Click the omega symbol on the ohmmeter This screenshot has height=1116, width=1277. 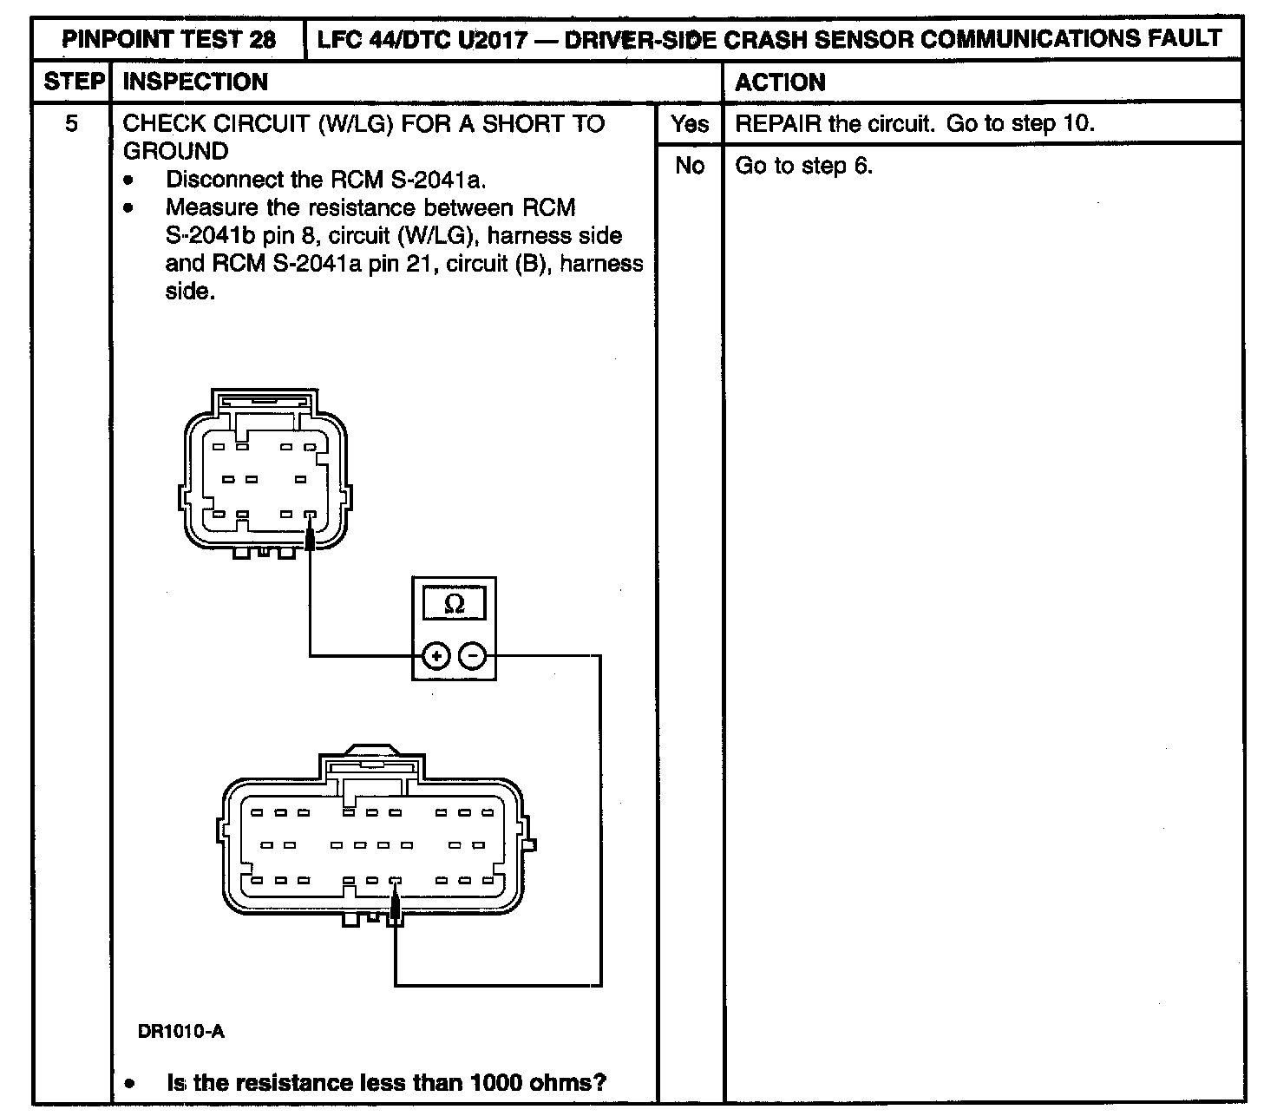454,604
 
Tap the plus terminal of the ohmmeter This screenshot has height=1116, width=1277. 435,656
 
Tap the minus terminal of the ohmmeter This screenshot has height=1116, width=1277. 472,656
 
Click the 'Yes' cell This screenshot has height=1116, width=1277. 690,124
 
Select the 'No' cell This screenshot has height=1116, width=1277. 690,166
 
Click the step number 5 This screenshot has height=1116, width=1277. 71,124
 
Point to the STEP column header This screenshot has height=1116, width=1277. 73,82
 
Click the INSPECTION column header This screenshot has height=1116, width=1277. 196,82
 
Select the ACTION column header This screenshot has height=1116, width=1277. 780,82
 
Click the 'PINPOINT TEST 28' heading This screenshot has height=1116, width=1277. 170,40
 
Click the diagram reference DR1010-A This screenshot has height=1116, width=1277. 180,1032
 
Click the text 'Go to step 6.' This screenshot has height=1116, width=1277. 803,166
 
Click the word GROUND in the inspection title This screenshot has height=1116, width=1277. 175,151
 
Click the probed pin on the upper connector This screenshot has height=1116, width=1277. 310,515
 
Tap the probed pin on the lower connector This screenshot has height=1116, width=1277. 396,881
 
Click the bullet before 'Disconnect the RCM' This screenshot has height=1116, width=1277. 129,181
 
